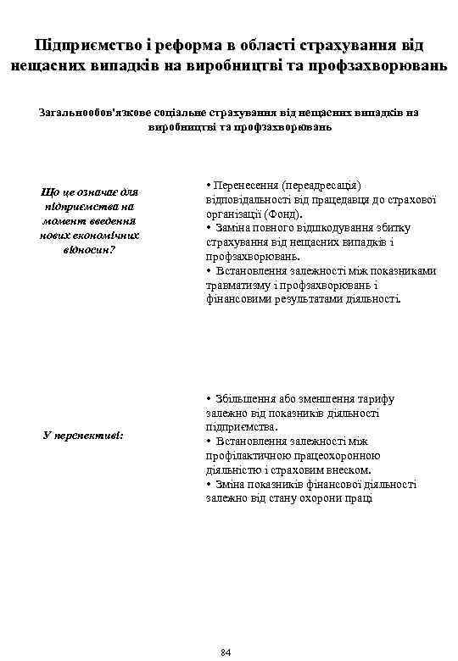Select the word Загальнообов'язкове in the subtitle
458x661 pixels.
94,111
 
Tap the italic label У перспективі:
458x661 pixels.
83,435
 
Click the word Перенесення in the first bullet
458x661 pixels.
247,184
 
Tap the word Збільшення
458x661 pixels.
246,398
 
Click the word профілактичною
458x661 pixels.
247,456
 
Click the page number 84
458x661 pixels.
225,650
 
